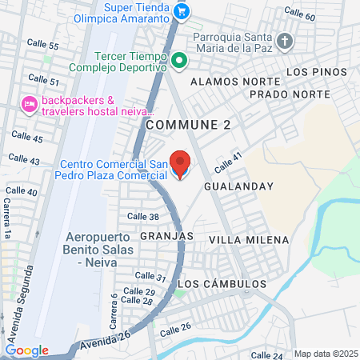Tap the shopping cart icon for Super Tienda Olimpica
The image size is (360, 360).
[x=182, y=10]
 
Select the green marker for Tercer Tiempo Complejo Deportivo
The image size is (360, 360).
[x=180, y=59]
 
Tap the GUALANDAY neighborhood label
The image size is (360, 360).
[x=238, y=186]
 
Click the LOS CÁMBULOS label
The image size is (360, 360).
[x=222, y=284]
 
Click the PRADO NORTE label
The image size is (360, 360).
[x=278, y=94]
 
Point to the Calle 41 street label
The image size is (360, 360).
[x=227, y=160]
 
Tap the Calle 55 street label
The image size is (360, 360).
[x=42, y=46]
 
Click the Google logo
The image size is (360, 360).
[x=26, y=350]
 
